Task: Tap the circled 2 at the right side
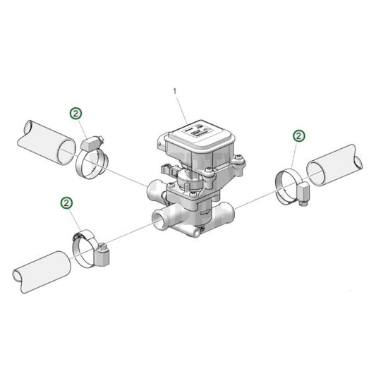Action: coord(299,135)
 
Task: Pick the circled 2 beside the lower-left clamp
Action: coord(66,202)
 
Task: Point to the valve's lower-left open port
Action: coord(159,219)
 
